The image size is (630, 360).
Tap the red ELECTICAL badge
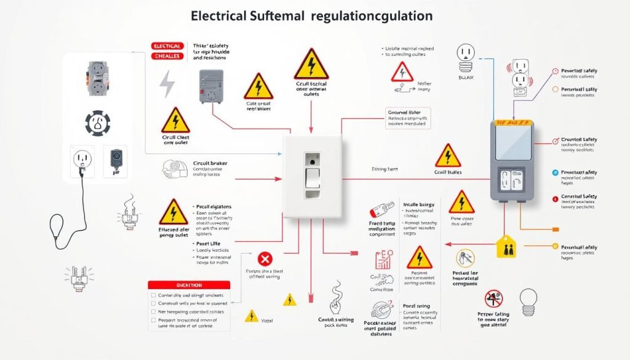pyautogui.click(x=166, y=46)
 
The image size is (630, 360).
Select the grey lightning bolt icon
pyautogui.click(x=167, y=84)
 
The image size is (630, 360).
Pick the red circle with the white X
pyautogui.click(x=265, y=258)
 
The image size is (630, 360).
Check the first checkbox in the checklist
pyautogui.click(x=153, y=295)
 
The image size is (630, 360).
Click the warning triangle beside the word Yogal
pyautogui.click(x=251, y=316)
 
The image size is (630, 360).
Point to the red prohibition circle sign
pyautogui.click(x=493, y=300)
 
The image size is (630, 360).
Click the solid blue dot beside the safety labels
pyautogui.click(x=556, y=173)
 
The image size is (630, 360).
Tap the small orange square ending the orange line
pyautogui.click(x=556, y=229)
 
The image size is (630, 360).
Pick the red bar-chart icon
pyautogui.click(x=385, y=259)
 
